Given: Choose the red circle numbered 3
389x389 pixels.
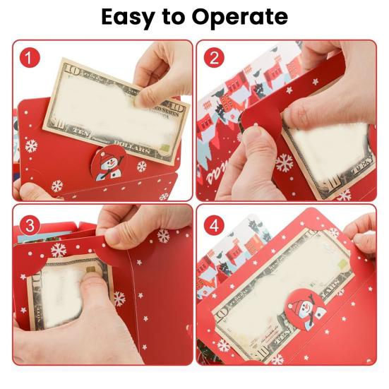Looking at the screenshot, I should click(29, 225).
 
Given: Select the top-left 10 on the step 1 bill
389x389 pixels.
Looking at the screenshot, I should click(71, 70).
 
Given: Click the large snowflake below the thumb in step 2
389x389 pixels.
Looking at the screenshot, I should click(285, 163).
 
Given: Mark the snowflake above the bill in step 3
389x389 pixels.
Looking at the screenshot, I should click(59, 250).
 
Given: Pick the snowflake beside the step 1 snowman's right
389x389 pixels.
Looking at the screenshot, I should click(141, 167).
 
